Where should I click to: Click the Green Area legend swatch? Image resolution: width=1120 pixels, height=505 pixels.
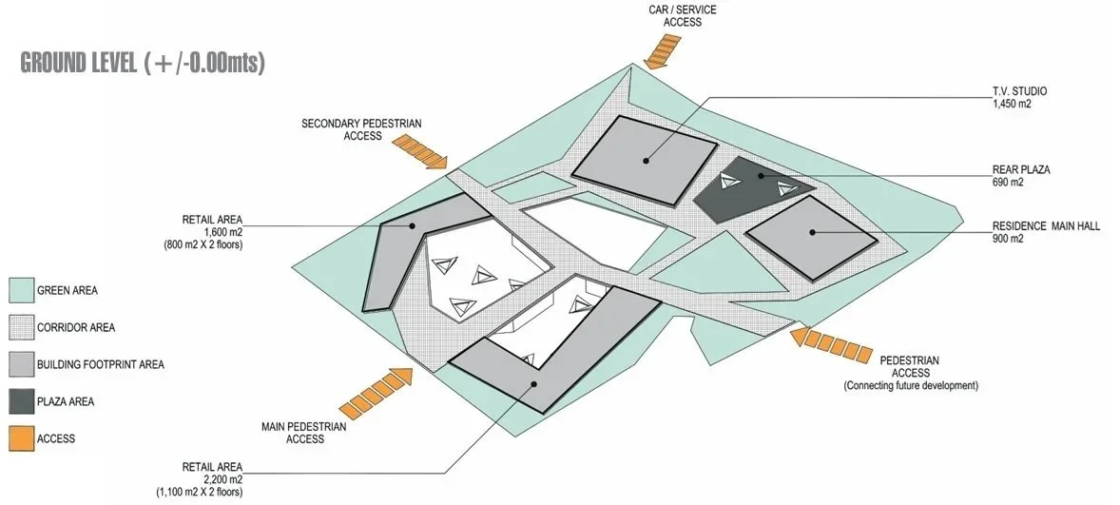coord(21,290)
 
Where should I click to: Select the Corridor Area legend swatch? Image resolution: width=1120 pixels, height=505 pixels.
coord(21,327)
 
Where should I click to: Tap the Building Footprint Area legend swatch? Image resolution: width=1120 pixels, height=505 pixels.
coord(21,364)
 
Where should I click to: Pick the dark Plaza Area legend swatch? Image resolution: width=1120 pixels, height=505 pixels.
coord(21,401)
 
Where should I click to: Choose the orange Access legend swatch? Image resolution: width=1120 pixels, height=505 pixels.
coord(21,438)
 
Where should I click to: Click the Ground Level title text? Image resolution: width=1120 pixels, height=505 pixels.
coord(142,63)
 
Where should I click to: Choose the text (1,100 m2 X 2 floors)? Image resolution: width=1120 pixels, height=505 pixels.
coord(201,492)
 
